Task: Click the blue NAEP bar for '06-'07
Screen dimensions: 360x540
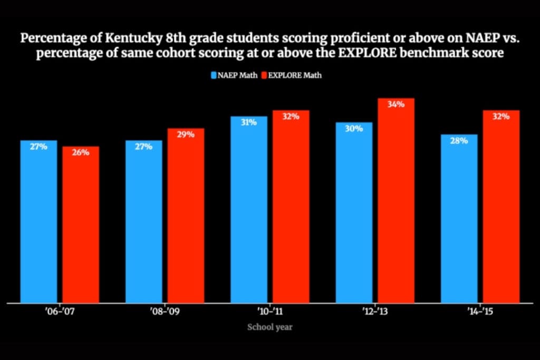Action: (x=38, y=221)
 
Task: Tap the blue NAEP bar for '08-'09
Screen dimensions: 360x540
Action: (x=143, y=221)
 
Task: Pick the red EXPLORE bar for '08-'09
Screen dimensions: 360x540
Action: (x=186, y=216)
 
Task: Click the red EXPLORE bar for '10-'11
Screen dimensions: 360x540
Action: (x=291, y=207)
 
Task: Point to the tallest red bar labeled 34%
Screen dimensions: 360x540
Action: (x=396, y=200)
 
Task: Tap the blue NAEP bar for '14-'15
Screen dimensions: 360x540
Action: (x=459, y=219)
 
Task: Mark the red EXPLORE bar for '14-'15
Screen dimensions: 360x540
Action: (x=502, y=207)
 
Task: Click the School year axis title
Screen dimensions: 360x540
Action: (x=270, y=327)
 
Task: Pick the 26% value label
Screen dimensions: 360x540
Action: (x=81, y=152)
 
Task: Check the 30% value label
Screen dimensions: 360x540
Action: (x=354, y=129)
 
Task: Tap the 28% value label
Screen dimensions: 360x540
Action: (x=459, y=141)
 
